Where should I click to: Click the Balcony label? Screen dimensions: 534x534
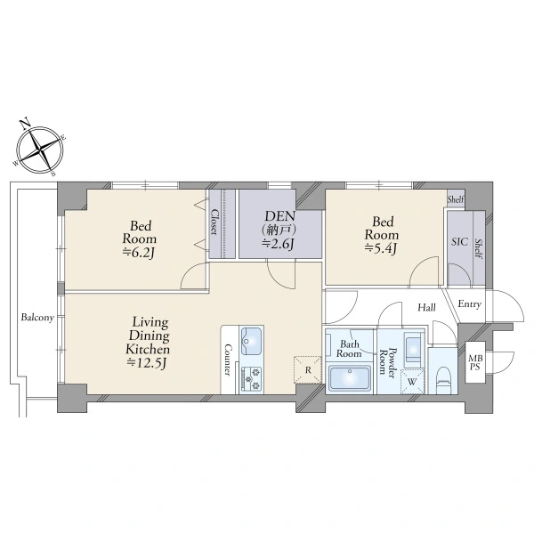[x=37, y=318]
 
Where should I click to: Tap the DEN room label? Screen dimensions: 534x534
[x=280, y=216]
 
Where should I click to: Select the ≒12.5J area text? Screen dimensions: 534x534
[x=147, y=363]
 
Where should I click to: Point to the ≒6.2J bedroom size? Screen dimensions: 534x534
[x=139, y=253]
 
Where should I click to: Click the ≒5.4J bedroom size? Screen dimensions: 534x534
[x=381, y=248]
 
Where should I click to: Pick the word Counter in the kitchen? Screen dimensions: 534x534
[x=228, y=360]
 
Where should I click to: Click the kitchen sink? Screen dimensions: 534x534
[x=252, y=341]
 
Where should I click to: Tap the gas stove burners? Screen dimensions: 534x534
[x=252, y=379]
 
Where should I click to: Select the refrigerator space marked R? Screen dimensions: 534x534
[x=308, y=370]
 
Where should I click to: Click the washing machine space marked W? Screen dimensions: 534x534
[x=412, y=382]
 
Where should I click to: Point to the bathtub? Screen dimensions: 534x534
[x=350, y=378]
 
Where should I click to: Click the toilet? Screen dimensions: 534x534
[x=443, y=379]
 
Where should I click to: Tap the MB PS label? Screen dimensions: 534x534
[x=474, y=363]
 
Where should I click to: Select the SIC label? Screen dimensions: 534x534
[x=460, y=242]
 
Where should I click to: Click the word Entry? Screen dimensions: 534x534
[x=469, y=304]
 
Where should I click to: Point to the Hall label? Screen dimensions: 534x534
[x=426, y=308]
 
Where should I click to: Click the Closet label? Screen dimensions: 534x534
[x=214, y=222]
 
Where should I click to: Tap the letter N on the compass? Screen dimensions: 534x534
[x=24, y=125]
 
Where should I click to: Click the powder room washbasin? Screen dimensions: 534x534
[x=414, y=348]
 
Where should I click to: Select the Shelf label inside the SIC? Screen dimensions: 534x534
[x=479, y=249]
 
